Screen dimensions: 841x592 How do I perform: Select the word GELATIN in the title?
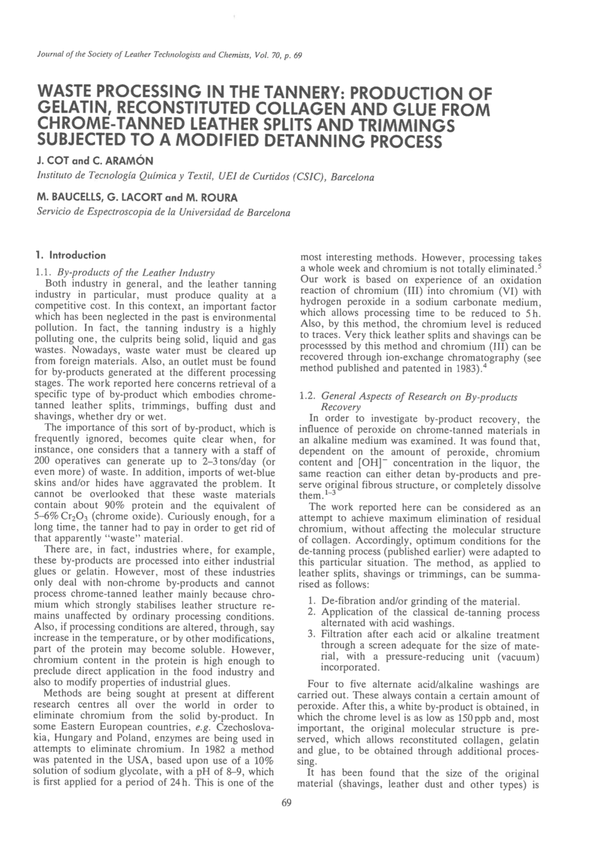coord(69,110)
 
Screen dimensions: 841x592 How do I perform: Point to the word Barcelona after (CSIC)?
coord(352,177)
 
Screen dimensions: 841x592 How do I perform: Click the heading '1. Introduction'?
coord(70,255)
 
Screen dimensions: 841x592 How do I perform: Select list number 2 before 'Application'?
coord(312,613)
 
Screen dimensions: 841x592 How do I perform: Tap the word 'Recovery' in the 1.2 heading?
coord(340,408)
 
